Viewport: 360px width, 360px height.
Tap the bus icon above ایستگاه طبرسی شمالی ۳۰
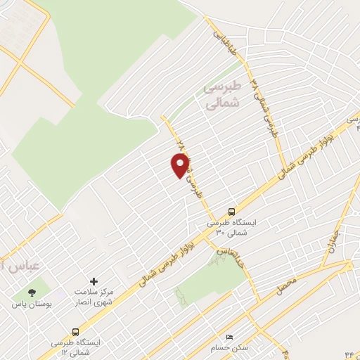tap(231, 211)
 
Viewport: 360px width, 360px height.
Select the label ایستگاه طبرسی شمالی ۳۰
tap(231, 226)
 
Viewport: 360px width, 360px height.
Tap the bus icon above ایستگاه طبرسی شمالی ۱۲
tap(75, 331)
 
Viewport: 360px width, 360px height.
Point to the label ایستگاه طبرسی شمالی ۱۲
tap(75, 346)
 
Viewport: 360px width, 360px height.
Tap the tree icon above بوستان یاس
tap(31, 292)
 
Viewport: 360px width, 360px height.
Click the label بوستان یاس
tap(31, 306)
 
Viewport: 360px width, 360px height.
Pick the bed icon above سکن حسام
tap(227, 337)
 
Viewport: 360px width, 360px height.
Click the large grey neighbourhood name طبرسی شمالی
tap(221, 96)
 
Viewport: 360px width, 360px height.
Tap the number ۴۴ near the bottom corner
tap(349, 350)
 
